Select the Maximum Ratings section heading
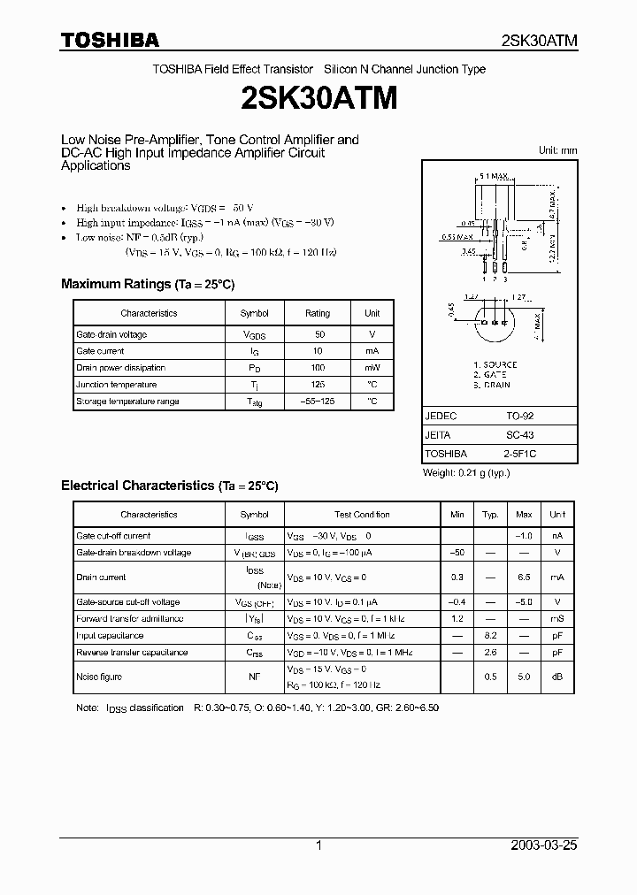click(x=147, y=285)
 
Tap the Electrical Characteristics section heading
click(x=169, y=486)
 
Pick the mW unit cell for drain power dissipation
click(x=372, y=368)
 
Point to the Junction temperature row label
click(x=116, y=385)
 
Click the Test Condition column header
click(x=362, y=515)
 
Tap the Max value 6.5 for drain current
click(x=524, y=577)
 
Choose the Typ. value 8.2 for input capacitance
click(x=489, y=636)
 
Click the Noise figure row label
click(x=99, y=677)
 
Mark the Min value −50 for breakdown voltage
click(x=457, y=553)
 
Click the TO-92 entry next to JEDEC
click(x=518, y=416)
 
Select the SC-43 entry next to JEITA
click(x=518, y=435)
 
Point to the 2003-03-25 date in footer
click(x=543, y=845)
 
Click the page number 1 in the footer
click(x=318, y=845)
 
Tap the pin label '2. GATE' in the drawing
click(x=492, y=375)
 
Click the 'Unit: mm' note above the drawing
click(x=557, y=150)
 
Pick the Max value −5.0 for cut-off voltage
click(x=524, y=602)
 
